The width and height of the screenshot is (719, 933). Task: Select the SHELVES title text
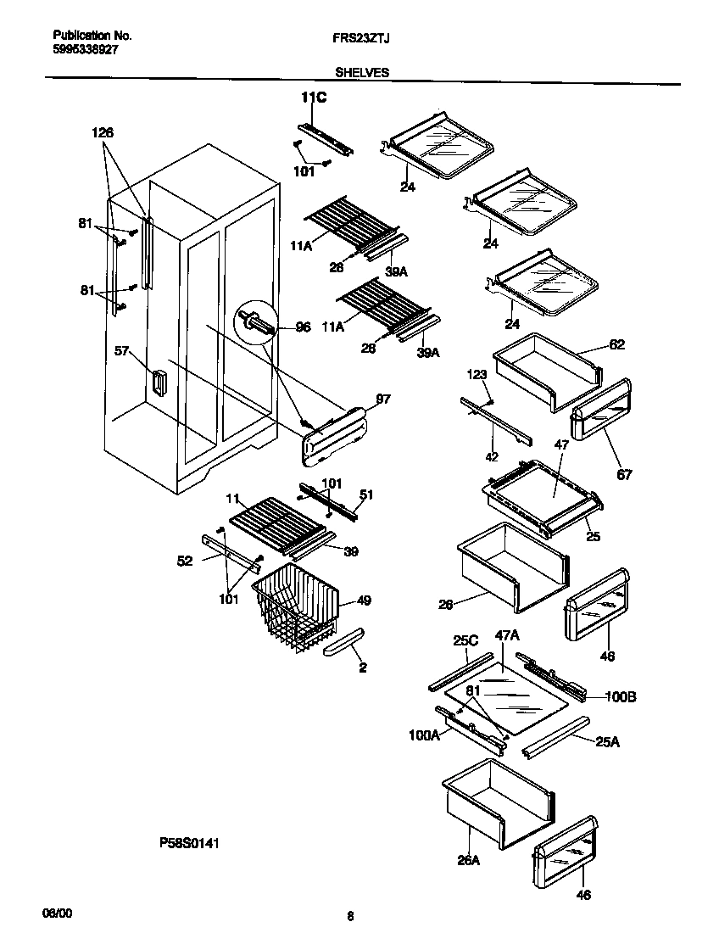362,73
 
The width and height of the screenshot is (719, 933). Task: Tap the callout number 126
103,132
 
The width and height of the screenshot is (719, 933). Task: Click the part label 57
122,349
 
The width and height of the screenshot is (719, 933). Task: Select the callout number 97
382,399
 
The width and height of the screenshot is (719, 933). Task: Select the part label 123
477,373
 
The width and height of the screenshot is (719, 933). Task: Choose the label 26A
468,860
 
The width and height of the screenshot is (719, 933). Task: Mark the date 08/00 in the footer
58,913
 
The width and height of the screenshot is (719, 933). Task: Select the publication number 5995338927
85,50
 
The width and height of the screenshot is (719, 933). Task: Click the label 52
185,561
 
